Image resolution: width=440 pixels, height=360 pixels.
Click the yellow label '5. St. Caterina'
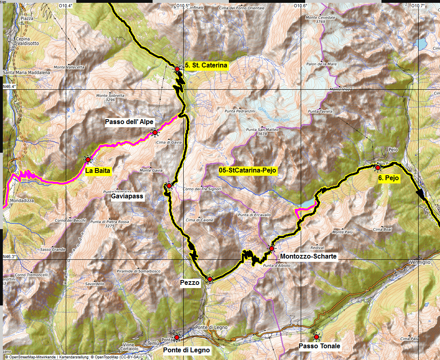(207, 65)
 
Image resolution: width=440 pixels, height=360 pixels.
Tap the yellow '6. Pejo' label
(389, 178)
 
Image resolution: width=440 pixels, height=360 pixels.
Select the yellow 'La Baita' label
(97, 171)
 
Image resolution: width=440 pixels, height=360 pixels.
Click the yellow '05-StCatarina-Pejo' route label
(247, 171)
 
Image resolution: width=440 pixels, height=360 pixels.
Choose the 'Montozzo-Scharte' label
(308, 256)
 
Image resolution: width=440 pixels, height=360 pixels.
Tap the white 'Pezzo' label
(189, 283)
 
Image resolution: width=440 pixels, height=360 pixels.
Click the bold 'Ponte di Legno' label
(186, 350)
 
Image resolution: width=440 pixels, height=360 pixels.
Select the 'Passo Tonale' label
(319, 346)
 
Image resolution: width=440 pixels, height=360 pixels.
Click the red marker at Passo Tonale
(316, 337)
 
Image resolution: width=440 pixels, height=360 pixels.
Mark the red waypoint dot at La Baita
(88, 160)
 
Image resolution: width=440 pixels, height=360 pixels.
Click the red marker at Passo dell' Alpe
(155, 132)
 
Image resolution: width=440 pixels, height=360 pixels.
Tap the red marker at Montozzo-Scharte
(272, 248)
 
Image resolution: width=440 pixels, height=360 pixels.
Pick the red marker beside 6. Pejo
(378, 167)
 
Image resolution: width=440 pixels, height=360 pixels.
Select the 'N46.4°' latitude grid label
(10, 86)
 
